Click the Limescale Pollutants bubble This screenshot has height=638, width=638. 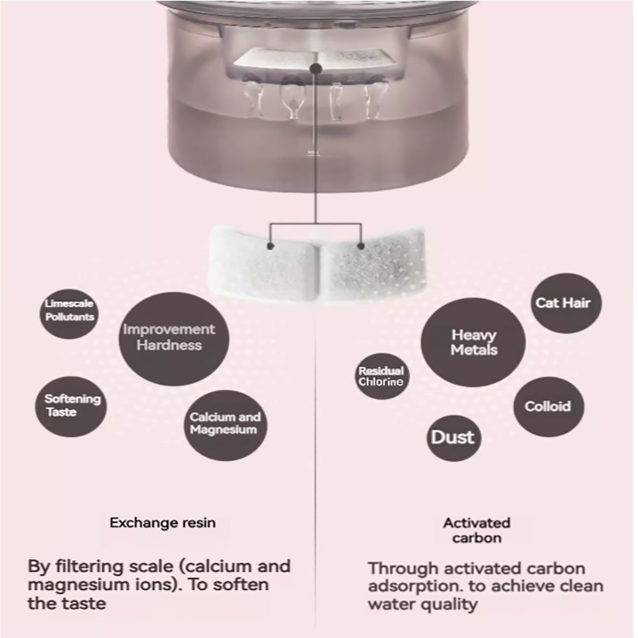tap(69, 311)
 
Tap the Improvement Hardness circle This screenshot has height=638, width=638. tap(168, 337)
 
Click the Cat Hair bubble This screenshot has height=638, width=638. tap(566, 303)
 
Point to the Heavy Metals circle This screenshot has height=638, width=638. tap(474, 344)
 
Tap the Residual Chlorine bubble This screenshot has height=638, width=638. tap(381, 376)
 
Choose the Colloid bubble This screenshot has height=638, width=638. tap(548, 407)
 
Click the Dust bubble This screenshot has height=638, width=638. tap(452, 437)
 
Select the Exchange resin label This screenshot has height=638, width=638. tap(163, 523)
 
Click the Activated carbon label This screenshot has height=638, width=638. tap(476, 530)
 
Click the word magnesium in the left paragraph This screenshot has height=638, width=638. tap(80, 585)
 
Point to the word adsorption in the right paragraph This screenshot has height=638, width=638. tap(419, 586)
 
